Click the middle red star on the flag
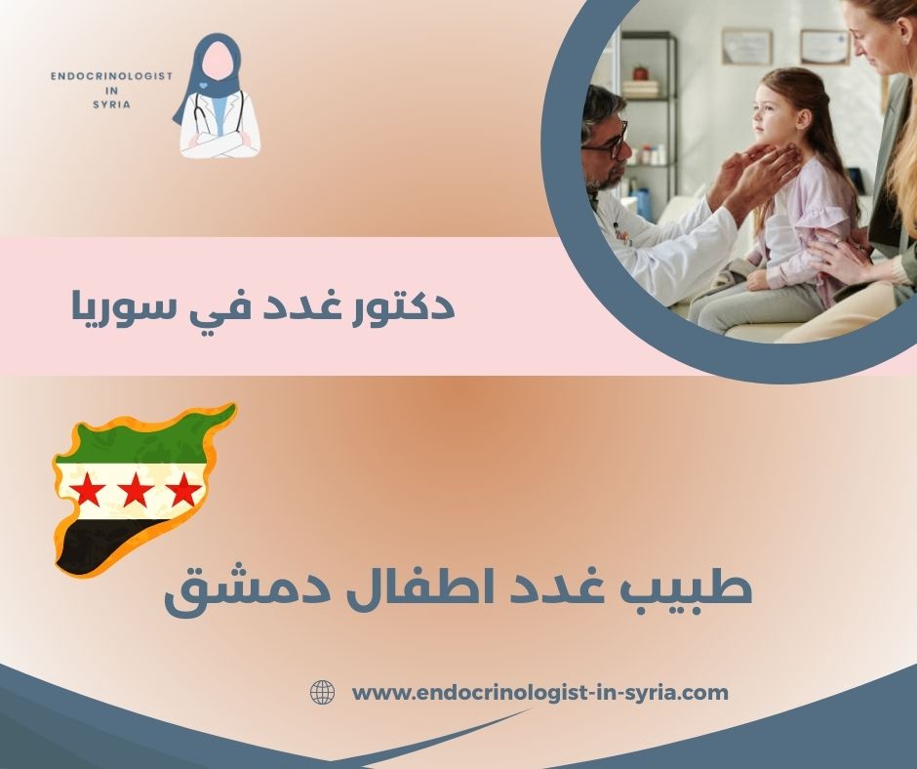click(x=134, y=490)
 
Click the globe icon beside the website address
click(x=322, y=693)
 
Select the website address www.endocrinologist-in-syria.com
click(x=539, y=693)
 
